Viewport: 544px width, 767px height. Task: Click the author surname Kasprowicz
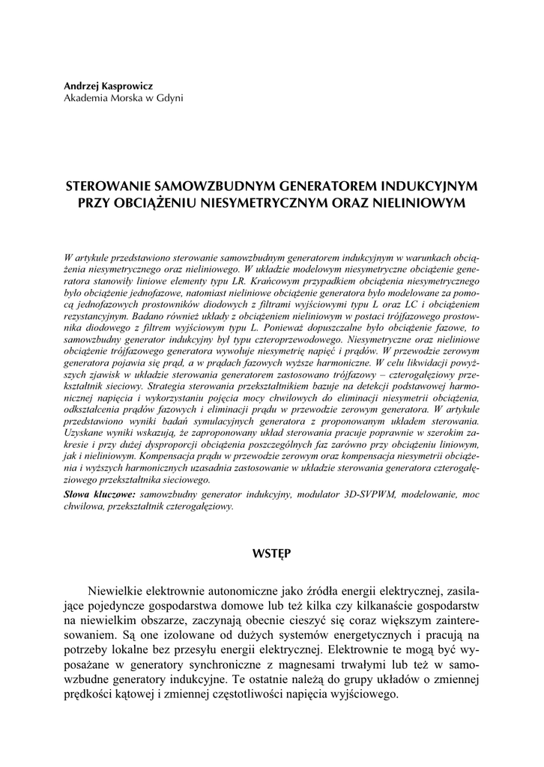click(127, 86)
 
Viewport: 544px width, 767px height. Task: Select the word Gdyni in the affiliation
click(170, 97)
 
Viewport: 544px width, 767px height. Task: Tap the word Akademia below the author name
click(86, 97)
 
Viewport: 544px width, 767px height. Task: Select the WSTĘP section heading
click(271, 554)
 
